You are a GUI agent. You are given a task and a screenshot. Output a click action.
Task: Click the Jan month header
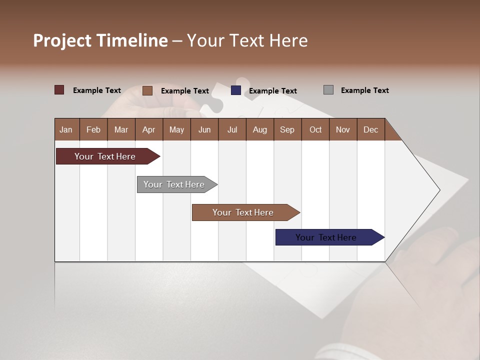point(66,129)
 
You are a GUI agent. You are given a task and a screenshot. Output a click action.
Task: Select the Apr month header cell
point(148,129)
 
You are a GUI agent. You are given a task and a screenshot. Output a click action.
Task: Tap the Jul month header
point(232,129)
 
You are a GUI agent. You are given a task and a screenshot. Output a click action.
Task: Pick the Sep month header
point(287,129)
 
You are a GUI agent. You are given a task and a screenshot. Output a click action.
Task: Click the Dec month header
point(370,129)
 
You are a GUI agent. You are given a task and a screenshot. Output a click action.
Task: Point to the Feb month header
point(93,129)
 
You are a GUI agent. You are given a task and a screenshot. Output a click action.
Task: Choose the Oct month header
point(315,129)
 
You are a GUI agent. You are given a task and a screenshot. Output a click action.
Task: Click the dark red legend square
point(59,90)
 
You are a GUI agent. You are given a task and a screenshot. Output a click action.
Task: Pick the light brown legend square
point(147,90)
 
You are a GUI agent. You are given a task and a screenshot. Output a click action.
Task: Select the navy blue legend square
point(236,90)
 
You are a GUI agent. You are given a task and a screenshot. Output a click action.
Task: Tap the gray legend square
point(328,90)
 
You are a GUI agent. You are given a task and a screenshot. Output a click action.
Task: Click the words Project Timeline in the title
point(100,40)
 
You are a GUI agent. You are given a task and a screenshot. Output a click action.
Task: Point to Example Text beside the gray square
point(364,90)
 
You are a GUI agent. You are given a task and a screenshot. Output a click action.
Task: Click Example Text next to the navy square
point(272,91)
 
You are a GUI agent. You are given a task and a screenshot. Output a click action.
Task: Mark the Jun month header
point(204,129)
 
